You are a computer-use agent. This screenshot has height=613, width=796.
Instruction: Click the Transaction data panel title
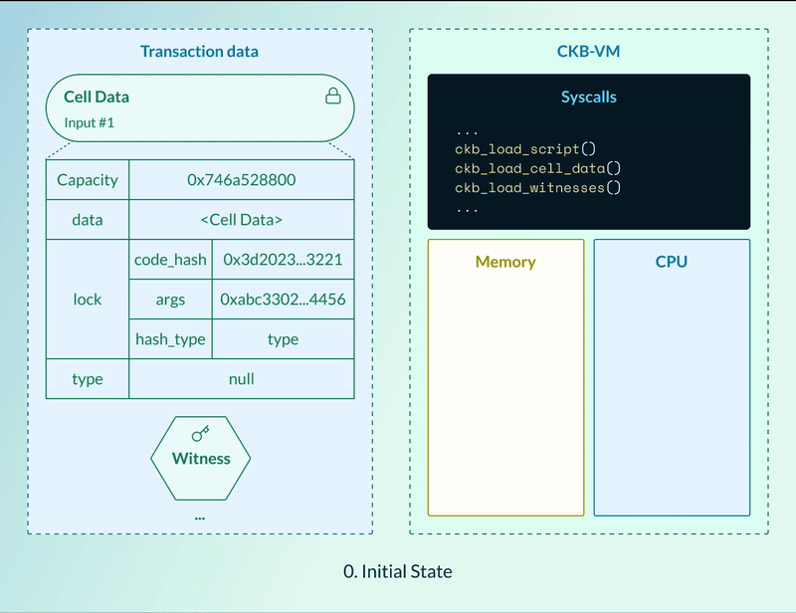[x=199, y=51]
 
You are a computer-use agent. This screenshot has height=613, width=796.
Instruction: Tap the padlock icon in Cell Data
[x=333, y=97]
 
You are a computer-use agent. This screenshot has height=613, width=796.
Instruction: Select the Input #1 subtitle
[x=90, y=123]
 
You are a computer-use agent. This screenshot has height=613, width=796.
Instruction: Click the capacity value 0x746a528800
[x=241, y=180]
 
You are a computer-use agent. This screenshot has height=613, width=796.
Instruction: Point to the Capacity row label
[x=88, y=180]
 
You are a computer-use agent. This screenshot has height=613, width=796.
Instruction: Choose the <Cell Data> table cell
[x=241, y=220]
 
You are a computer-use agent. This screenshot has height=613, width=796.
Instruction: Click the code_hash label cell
[x=170, y=260]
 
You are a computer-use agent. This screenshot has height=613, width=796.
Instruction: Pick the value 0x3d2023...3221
[x=283, y=260]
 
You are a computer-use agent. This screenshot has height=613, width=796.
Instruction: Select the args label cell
[x=170, y=300]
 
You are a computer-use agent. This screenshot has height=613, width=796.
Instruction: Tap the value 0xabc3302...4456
[x=283, y=300]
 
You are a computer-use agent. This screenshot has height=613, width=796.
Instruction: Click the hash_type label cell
[x=170, y=339]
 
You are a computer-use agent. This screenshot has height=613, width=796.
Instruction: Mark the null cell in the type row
[x=241, y=379]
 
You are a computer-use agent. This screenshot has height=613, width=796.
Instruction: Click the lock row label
[x=88, y=300]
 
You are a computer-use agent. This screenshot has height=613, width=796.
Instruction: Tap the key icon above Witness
[x=200, y=434]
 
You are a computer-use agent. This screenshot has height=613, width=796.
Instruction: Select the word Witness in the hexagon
[x=200, y=459]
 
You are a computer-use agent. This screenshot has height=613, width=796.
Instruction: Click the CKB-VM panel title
[x=588, y=51]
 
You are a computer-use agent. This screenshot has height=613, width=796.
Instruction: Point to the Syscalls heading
[x=588, y=98]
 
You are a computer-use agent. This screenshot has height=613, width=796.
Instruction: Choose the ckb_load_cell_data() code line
[x=537, y=168]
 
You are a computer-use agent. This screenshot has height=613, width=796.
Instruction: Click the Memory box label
[x=505, y=262]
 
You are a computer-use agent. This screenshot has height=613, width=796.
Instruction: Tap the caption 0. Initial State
[x=397, y=571]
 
